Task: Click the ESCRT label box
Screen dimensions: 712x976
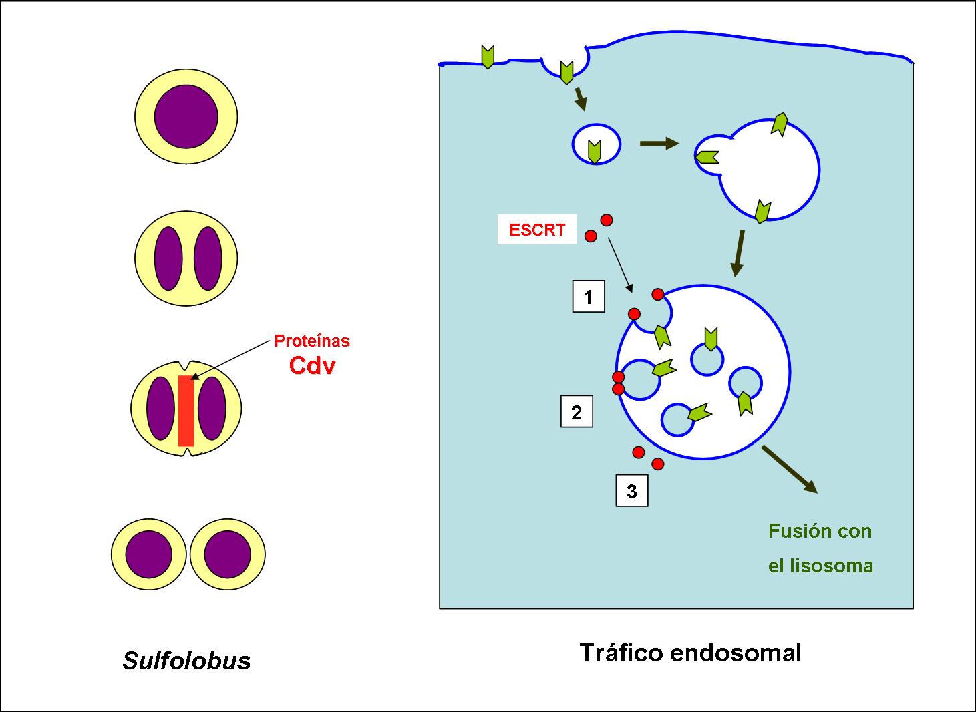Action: point(537,230)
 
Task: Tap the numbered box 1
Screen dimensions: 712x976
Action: point(589,296)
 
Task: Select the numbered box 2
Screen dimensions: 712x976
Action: point(577,412)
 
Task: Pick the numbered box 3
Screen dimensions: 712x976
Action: point(631,491)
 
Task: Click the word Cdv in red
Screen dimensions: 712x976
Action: point(312,365)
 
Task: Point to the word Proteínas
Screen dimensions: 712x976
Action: point(312,341)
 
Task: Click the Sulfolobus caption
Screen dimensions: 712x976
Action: point(187,660)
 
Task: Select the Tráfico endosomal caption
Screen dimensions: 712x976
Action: point(690,652)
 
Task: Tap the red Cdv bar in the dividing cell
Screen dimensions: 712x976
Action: point(186,410)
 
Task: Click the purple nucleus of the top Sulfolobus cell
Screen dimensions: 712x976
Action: point(186,116)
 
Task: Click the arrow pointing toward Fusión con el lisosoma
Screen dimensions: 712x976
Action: point(790,469)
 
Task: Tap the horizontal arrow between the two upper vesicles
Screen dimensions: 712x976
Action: point(659,144)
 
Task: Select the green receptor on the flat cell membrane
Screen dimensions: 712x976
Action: point(488,57)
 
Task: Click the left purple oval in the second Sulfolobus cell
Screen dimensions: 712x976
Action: point(168,258)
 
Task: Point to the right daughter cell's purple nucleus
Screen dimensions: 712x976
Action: point(227,554)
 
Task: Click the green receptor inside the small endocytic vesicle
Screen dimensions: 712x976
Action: point(593,152)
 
